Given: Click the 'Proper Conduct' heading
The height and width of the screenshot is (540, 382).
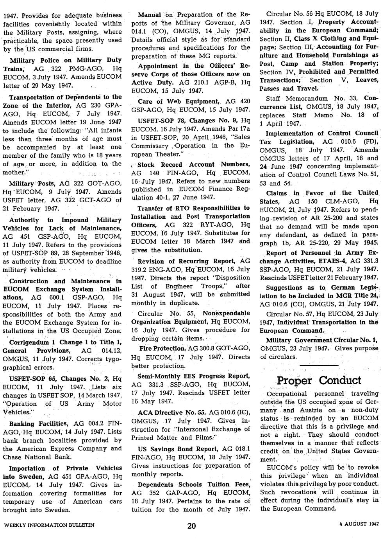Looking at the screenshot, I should (x=318, y=380).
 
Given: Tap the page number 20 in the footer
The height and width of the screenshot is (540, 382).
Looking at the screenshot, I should (x=191, y=526).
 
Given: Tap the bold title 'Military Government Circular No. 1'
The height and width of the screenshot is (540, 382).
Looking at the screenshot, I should (x=322, y=340).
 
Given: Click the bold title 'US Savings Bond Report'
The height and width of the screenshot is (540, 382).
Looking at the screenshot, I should (x=178, y=449).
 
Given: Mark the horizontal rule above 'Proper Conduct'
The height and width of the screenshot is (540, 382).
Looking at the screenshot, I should (x=318, y=365).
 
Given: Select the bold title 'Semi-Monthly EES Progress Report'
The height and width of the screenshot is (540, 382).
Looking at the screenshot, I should (x=191, y=376).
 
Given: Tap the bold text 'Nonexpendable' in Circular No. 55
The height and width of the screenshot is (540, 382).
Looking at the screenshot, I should (x=226, y=313).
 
